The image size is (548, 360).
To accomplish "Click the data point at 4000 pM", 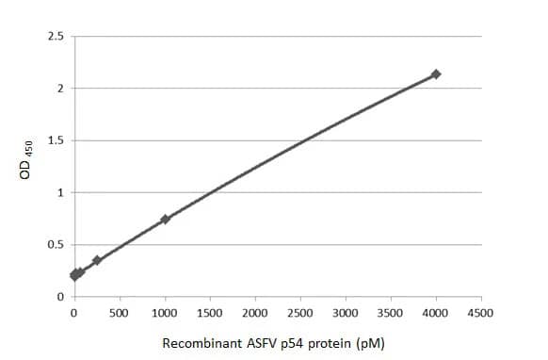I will coord(436,74).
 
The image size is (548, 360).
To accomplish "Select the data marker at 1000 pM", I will coord(165,219).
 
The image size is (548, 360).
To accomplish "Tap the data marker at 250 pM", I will coord(97,260).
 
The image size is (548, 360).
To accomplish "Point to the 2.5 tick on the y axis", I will coord(56,37).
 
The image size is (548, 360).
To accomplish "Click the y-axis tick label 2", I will coord(60,89).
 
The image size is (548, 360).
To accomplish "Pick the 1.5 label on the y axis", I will coord(56,141).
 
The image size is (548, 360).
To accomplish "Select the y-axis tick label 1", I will coord(60,193).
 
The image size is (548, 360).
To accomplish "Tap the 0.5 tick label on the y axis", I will coord(56,245).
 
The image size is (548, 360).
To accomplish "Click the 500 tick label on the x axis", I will coord(120,312).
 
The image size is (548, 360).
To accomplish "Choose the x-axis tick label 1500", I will coord(210,312).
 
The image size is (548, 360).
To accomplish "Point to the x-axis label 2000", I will coord(255,312).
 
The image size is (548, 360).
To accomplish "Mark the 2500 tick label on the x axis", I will coord(300,312).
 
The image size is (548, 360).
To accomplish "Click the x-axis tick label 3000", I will coord(346,312).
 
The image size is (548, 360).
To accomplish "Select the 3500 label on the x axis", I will coord(391,312).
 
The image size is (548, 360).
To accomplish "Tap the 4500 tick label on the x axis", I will coord(481,312).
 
